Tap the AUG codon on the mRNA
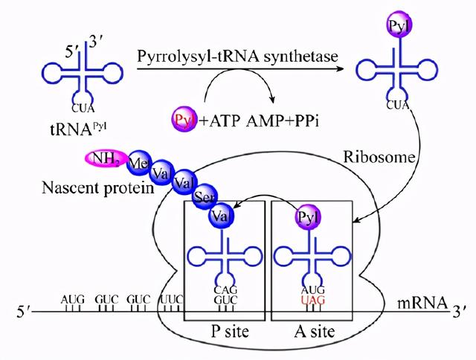click(73, 299)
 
